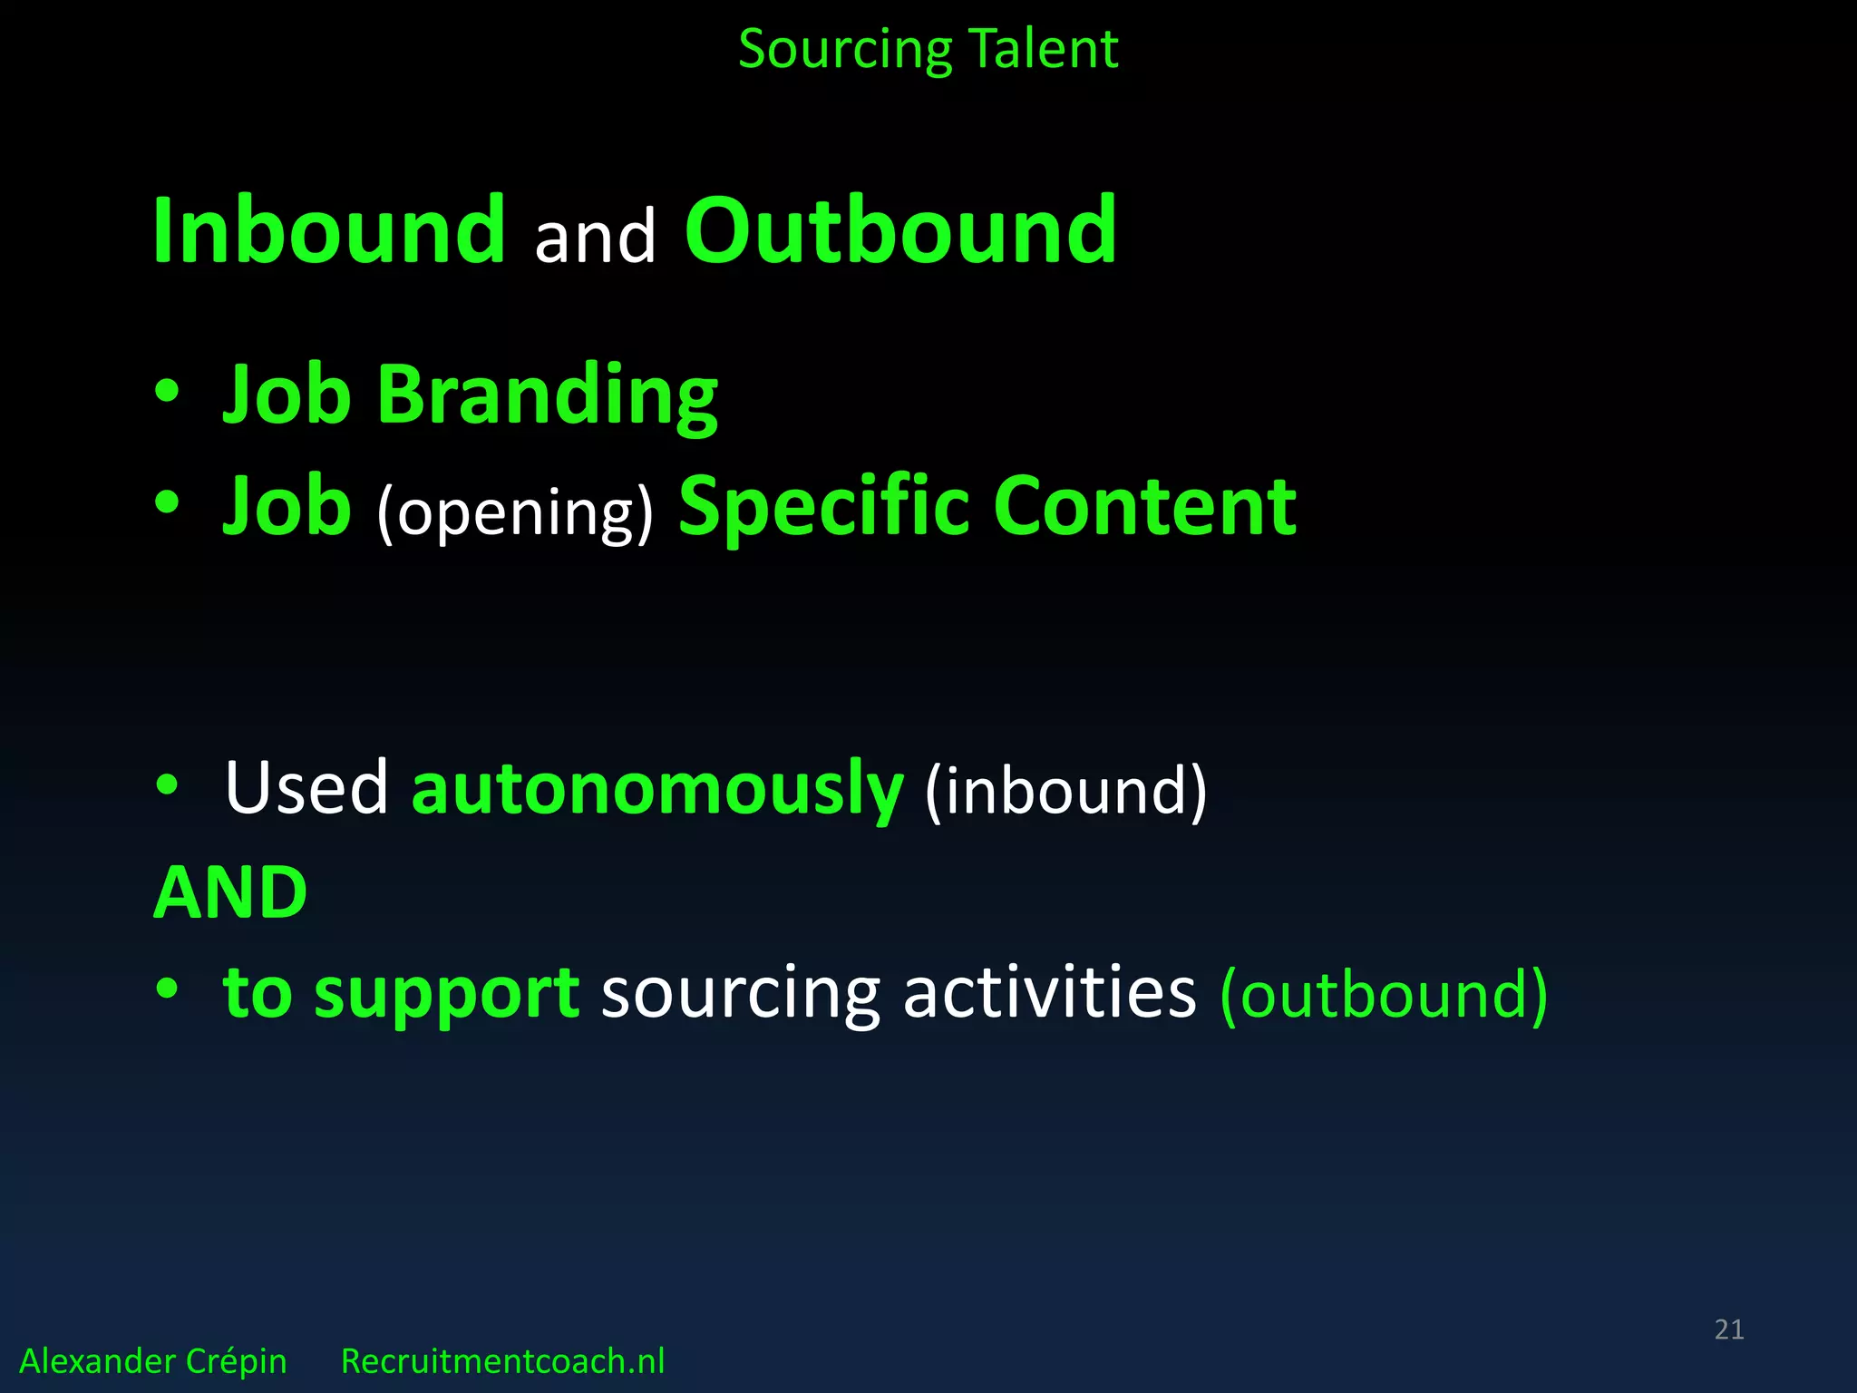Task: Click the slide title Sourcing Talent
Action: (x=928, y=49)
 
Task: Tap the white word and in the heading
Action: (x=595, y=238)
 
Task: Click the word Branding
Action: (x=547, y=395)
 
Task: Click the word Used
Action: (x=306, y=787)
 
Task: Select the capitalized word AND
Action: (x=230, y=892)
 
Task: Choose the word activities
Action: (x=1049, y=992)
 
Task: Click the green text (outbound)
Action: (x=1384, y=996)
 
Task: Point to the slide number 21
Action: (x=1728, y=1330)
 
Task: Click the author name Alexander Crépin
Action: (x=152, y=1361)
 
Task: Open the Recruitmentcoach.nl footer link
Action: (x=502, y=1361)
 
